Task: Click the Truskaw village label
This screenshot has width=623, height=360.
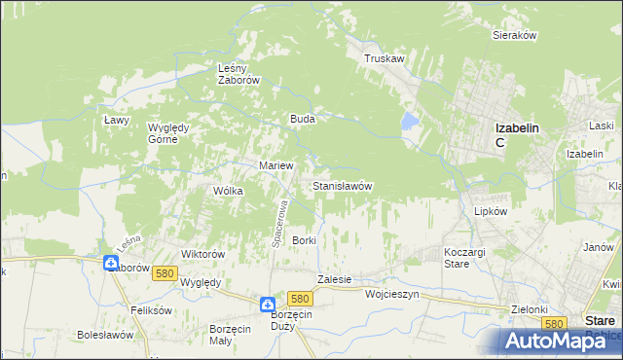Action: [384, 58]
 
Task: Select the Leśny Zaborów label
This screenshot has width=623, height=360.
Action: [237, 75]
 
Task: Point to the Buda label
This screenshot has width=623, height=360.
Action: [301, 119]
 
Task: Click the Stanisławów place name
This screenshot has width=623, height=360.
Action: [342, 185]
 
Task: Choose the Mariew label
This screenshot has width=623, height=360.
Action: [275, 165]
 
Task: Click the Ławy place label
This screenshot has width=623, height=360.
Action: [117, 119]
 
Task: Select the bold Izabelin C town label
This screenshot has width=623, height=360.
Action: [516, 134]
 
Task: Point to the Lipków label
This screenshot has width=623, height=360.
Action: [491, 210]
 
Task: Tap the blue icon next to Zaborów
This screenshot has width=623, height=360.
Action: [112, 264]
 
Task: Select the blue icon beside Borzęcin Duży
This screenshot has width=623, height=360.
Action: [268, 306]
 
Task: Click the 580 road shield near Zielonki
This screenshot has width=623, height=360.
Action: [555, 323]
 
